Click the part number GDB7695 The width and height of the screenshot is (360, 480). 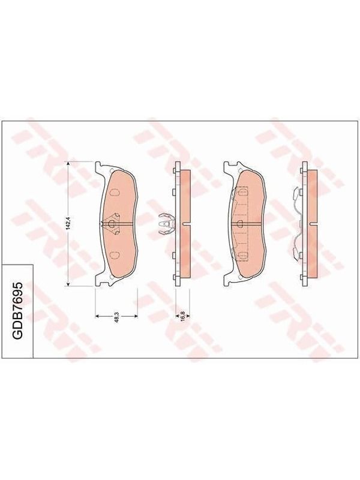coord(17,310)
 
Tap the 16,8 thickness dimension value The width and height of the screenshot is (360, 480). coord(182,316)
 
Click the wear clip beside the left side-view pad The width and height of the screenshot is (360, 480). coord(166,224)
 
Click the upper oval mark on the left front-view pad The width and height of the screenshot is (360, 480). coord(115,193)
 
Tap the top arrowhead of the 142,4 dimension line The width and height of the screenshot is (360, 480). coord(68,164)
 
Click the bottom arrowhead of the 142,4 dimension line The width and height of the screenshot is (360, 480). coord(68,284)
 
